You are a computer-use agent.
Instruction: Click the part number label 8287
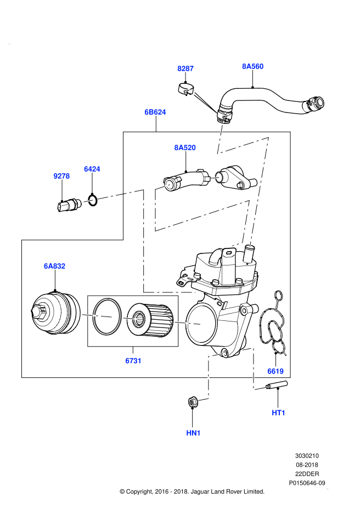point(185,69)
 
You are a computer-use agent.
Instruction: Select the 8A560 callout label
point(252,66)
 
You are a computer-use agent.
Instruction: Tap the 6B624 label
point(155,112)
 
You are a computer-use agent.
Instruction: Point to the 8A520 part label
point(185,148)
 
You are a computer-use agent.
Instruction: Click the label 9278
point(61,176)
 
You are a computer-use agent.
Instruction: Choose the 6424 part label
point(92,169)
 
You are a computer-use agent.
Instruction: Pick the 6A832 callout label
point(54,266)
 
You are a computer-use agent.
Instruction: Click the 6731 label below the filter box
point(133,361)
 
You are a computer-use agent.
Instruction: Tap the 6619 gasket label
point(275,371)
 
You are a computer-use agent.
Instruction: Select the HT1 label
point(279,412)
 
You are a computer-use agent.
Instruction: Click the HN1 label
point(193,433)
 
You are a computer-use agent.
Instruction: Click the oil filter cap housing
point(54,316)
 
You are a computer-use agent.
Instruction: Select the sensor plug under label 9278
point(68,205)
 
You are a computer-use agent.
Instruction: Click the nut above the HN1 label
point(193,402)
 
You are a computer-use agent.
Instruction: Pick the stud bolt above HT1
point(277,387)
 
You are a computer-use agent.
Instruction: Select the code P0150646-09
point(307,483)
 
